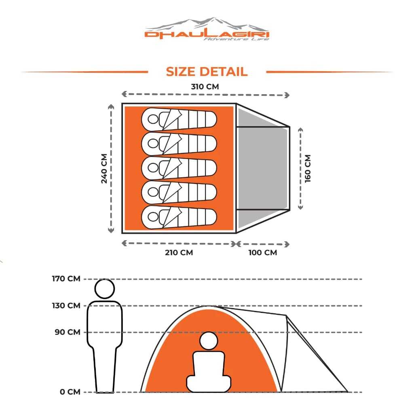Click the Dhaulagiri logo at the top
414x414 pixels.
click(207, 30)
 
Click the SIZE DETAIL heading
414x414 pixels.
click(207, 72)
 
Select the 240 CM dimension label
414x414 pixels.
click(104, 168)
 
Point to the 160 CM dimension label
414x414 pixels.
click(308, 168)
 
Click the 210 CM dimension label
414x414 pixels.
click(179, 253)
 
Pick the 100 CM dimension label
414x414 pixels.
click(263, 253)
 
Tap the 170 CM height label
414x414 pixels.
click(66, 279)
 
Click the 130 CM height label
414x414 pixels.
click(66, 305)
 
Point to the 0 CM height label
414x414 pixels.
click(70, 392)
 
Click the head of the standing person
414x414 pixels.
click(105, 289)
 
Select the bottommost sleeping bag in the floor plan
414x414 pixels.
click(179, 216)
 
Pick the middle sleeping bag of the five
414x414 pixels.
click(179, 168)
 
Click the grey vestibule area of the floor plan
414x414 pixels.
click(263, 168)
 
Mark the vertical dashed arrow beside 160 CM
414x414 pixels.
click(300, 168)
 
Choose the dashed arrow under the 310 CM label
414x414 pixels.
click(206, 95)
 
